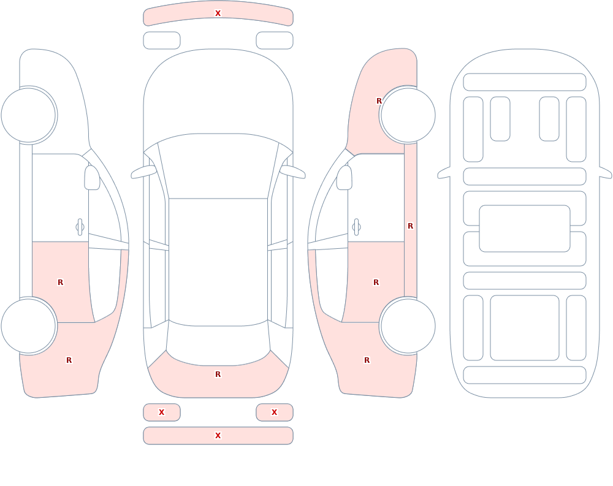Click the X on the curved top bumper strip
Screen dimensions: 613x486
[x=218, y=13]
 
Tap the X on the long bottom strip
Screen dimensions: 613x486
[x=218, y=436]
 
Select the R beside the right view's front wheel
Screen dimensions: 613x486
[x=379, y=101]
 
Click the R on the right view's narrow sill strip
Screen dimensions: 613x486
[x=410, y=226]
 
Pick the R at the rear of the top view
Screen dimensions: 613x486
[x=218, y=374]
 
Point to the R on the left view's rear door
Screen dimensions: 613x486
[x=60, y=283]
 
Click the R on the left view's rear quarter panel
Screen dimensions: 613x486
[x=69, y=360]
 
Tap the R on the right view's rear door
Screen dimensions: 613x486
[x=376, y=283]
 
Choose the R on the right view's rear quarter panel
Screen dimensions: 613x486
[x=367, y=360]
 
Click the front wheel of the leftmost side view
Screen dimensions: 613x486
[x=29, y=115]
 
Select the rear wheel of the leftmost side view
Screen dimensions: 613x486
[x=29, y=325]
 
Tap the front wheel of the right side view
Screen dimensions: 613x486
[x=408, y=115]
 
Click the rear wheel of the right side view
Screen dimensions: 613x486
[x=408, y=325]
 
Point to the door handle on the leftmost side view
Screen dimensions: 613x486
[x=80, y=227]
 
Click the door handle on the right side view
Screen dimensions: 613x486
[x=356, y=227]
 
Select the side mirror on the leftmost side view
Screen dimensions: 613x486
[x=92, y=178]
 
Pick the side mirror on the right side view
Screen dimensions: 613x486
[x=344, y=178]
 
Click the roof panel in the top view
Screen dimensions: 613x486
[x=218, y=261]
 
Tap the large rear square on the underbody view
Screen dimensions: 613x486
[x=525, y=328]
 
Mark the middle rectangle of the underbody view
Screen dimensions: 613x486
[x=525, y=229]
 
